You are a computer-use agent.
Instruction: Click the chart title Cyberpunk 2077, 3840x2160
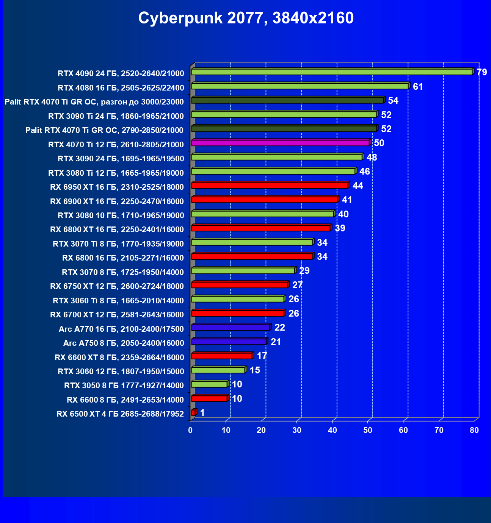(246, 18)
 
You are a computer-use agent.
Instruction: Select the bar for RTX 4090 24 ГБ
(332, 72)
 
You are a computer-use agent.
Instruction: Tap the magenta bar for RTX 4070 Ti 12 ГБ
(281, 143)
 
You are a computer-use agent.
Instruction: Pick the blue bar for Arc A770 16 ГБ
(231, 328)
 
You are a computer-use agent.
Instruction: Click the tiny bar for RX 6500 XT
(193, 412)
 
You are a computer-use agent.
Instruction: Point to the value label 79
(482, 72)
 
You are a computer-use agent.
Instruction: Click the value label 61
(418, 87)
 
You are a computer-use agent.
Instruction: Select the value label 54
(393, 100)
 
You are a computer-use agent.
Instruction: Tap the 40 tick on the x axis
(333, 430)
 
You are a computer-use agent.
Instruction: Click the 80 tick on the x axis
(474, 430)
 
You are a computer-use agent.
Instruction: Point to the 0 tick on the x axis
(190, 430)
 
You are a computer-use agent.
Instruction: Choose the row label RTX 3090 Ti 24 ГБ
(116, 116)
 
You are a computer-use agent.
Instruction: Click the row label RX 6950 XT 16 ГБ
(117, 187)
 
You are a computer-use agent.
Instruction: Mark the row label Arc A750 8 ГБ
(124, 343)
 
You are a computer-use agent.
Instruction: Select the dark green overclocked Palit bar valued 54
(287, 100)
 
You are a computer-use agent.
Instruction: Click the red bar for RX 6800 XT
(261, 228)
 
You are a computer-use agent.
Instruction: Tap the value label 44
(358, 186)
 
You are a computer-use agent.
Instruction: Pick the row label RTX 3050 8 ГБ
(124, 386)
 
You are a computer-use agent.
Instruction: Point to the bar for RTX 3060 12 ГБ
(218, 370)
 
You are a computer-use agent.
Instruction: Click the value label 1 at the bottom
(202, 413)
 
